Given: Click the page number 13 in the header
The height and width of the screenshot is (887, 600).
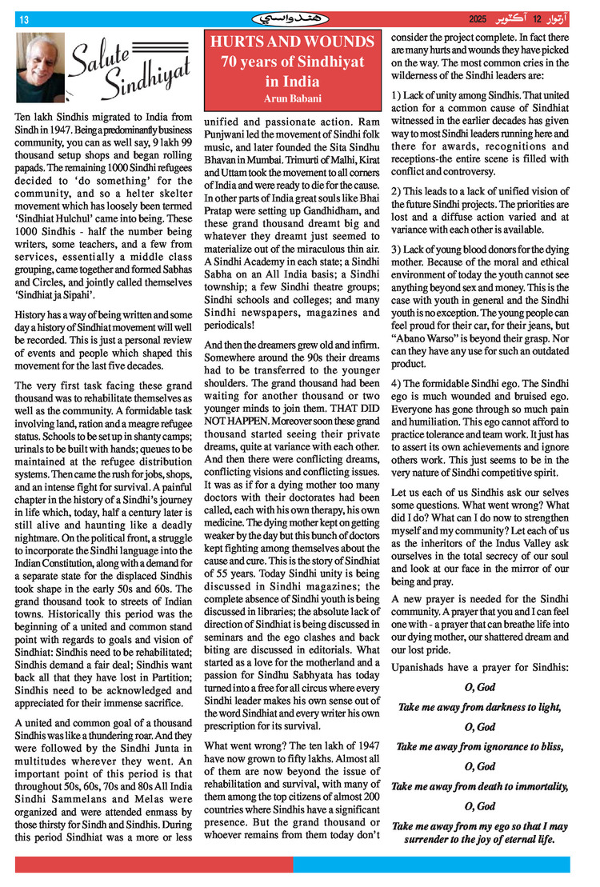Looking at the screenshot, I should [x=24, y=20].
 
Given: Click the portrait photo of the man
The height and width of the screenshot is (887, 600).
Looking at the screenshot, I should [x=40, y=67].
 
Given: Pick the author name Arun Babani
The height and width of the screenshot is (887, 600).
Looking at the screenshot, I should [x=293, y=98].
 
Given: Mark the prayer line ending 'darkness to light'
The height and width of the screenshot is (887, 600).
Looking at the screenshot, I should [x=480, y=708].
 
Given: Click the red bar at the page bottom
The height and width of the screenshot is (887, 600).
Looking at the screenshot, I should [x=153, y=865].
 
